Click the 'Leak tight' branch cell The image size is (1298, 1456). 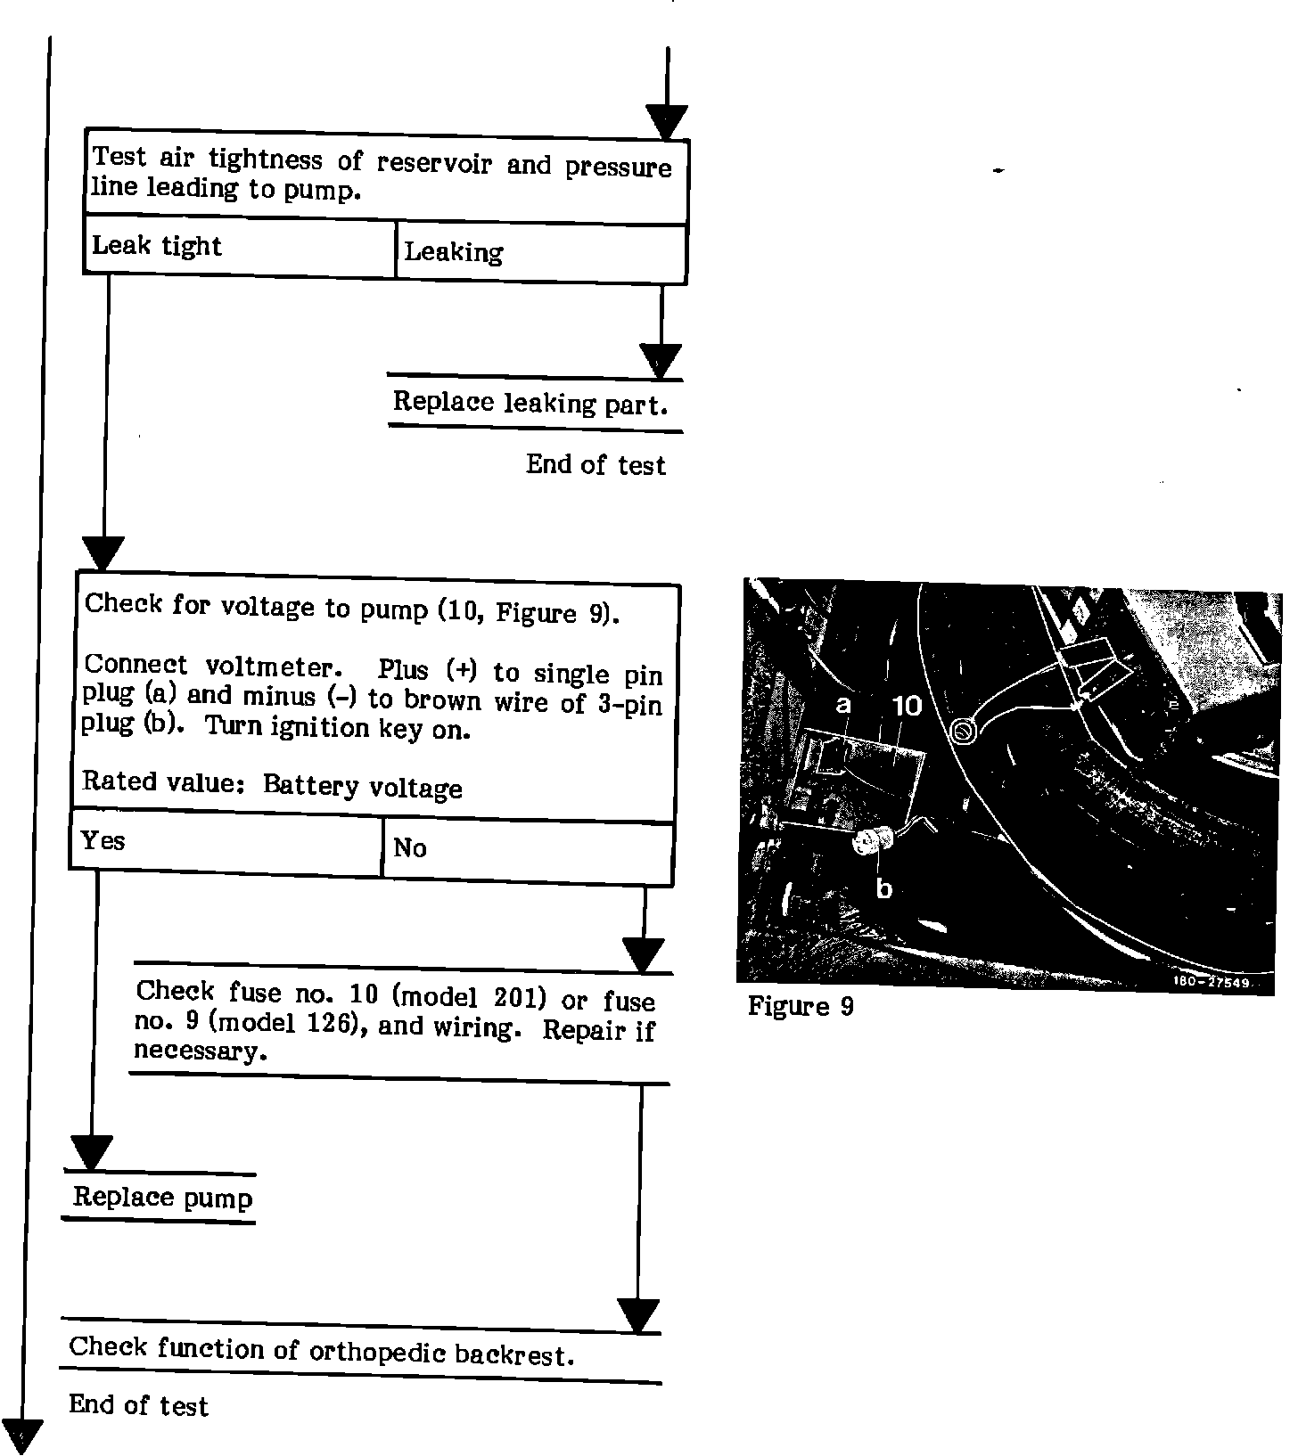[239, 247]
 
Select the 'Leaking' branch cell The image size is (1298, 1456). [540, 253]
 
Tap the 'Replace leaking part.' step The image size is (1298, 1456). [530, 404]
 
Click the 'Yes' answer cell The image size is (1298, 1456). [226, 842]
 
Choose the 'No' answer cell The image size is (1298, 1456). [527, 850]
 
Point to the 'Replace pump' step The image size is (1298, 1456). [162, 1197]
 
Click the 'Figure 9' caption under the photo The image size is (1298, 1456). [801, 1007]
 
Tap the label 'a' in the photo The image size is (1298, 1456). [842, 705]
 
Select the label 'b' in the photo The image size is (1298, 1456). [883, 888]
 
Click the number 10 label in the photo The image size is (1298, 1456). [907, 706]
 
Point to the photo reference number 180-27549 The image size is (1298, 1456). [1211, 982]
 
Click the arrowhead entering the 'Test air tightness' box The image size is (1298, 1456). [667, 121]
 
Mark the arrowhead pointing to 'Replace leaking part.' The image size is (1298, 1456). [661, 361]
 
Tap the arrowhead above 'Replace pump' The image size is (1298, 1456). [90, 1151]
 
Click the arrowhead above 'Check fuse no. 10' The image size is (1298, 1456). [642, 955]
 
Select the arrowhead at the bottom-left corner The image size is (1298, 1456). [22, 1435]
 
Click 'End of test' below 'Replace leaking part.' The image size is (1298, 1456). [596, 465]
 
